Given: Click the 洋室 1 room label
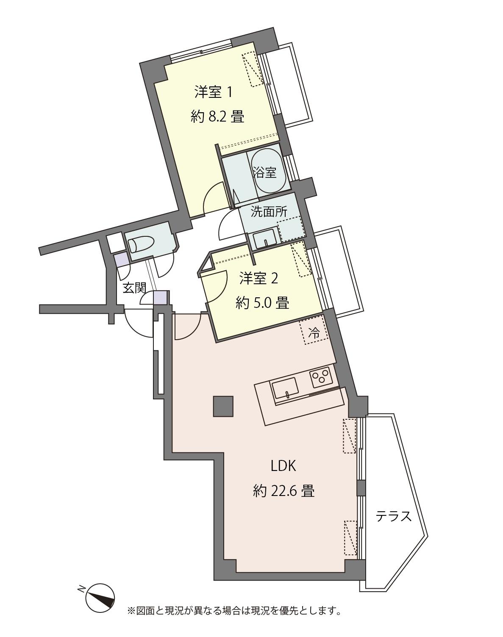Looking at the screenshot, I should tap(213, 92).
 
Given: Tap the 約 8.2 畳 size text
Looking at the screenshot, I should tap(217, 116).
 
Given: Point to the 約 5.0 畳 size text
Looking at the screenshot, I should tap(262, 303).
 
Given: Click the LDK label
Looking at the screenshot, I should tap(283, 466).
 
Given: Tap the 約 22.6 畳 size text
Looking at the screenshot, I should tap(283, 491).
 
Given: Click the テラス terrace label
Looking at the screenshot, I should tap(394, 516).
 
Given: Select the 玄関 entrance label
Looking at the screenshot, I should tap(134, 288).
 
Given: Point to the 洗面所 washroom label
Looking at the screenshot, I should tap(269, 212).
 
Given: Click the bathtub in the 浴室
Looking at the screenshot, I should tap(268, 172).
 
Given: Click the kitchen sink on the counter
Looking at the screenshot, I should tap(285, 389).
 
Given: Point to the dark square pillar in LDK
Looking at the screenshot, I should tap(223, 406).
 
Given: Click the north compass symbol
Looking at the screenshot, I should tap(100, 598).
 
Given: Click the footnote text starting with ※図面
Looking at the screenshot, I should tap(234, 610).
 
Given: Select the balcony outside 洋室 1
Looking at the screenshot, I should tap(288, 85).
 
